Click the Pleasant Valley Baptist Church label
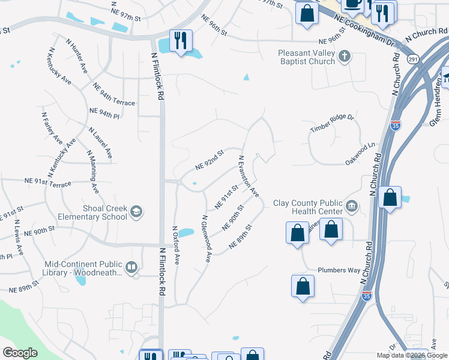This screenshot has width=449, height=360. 306,57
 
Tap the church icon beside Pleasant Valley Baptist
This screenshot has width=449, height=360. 345,57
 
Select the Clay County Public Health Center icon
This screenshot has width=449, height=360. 351,207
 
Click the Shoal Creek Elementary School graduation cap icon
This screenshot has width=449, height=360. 137,211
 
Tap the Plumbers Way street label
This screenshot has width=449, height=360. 339,270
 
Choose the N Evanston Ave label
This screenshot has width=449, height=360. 249,176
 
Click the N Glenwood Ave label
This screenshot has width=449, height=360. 206,239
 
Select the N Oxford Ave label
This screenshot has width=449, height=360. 176,244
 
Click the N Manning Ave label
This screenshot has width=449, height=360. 93,172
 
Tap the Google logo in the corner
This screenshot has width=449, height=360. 20,353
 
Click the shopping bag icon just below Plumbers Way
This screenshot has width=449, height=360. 303,286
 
